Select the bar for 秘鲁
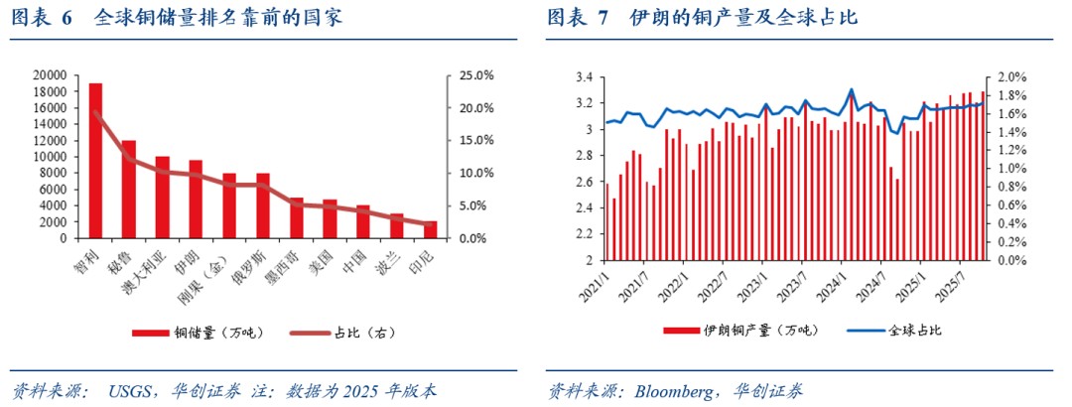pos(129,190)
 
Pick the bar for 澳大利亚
pos(163,198)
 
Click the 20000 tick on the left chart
pos(50,75)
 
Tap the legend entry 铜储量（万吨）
pos(195,333)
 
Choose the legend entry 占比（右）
pos(351,333)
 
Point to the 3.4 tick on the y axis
pos(584,77)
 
